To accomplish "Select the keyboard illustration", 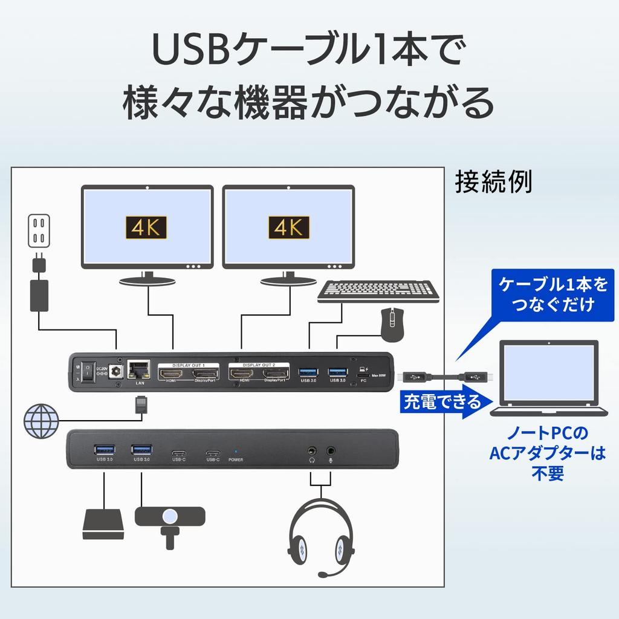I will click(378, 291).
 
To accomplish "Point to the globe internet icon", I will click(41, 419).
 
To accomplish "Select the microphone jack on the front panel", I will click(331, 450).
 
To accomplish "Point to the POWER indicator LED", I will click(235, 451).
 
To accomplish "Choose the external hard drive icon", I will click(104, 523).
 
